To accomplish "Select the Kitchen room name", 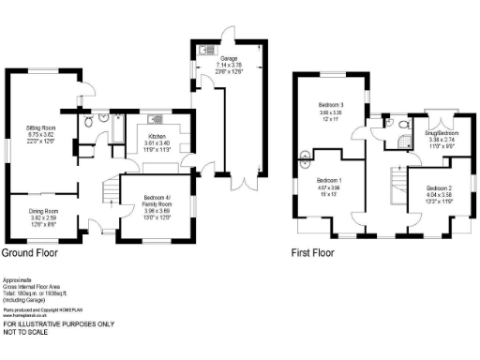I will point(157,136).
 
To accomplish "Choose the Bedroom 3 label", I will point(332,103).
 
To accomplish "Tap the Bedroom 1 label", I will point(328,179).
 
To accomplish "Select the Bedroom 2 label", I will point(426,188).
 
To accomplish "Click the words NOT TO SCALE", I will point(28,332).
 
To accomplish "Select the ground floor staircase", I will point(108,191).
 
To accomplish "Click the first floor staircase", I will point(397,183).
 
